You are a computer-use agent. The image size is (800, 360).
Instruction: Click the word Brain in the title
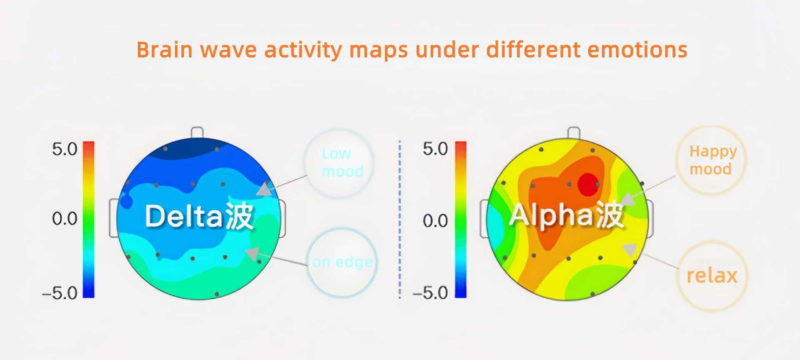tap(165, 50)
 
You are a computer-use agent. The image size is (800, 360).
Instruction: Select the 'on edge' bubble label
tap(342, 262)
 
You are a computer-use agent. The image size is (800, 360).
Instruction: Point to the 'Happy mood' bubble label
tap(713, 160)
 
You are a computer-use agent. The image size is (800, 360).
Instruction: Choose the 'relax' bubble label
tap(712, 275)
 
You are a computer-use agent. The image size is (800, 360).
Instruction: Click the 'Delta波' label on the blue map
tap(200, 216)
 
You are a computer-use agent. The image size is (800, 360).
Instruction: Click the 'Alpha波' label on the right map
tap(567, 215)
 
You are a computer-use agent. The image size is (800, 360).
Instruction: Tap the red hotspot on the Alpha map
tap(588, 185)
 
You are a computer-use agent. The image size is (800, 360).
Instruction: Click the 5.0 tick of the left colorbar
tap(65, 149)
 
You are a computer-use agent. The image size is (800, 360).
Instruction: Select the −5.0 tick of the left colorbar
tap(60, 293)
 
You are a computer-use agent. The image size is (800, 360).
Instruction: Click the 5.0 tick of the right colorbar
tap(435, 149)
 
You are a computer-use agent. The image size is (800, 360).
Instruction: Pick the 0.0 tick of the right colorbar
tap(435, 220)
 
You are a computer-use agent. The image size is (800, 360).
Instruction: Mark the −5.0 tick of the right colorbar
tap(430, 293)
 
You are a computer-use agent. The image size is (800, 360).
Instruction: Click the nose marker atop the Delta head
tap(197, 132)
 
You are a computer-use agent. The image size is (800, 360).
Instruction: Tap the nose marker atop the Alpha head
tap(574, 132)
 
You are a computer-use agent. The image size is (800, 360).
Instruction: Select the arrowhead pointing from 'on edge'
tap(252, 253)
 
